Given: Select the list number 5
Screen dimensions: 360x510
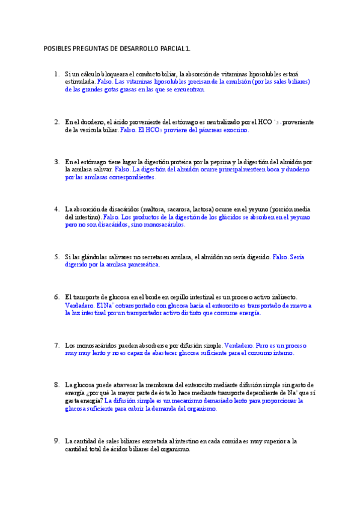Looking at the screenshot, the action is [x=56, y=257].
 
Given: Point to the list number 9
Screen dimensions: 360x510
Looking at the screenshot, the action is [x=56, y=441].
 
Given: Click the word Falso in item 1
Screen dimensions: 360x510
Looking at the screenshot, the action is [x=105, y=81].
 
